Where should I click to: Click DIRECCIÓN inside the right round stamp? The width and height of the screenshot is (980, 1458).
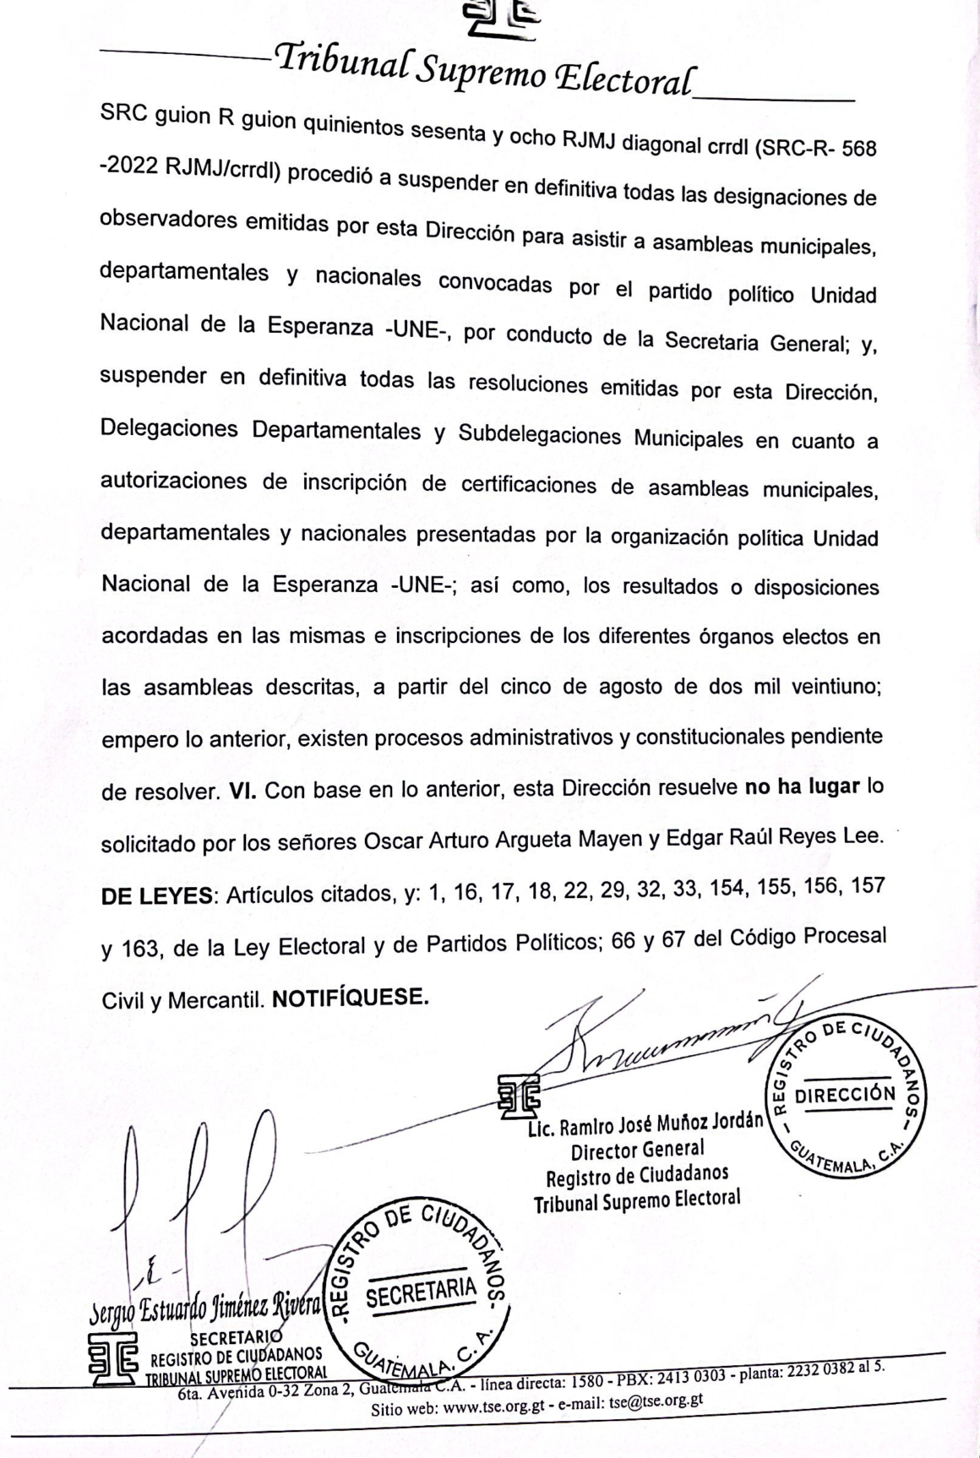point(846,1093)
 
